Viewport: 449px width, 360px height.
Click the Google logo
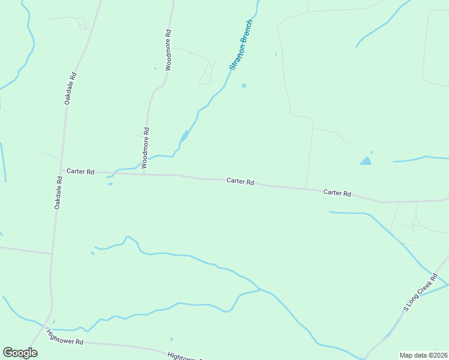click(x=20, y=353)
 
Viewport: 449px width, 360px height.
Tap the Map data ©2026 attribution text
click(x=423, y=355)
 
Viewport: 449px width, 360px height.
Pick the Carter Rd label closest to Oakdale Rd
click(x=80, y=172)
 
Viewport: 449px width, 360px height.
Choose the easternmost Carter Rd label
click(x=337, y=193)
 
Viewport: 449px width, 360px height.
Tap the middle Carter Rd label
click(x=240, y=181)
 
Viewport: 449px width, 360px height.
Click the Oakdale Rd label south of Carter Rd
click(x=59, y=192)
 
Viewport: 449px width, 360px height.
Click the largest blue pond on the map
click(x=365, y=161)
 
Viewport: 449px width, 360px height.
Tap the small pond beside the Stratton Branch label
click(x=244, y=85)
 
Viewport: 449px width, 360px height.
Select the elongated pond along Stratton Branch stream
click(x=184, y=137)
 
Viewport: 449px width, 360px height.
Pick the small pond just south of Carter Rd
click(x=110, y=184)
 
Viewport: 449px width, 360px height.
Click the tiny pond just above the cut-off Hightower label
click(x=171, y=339)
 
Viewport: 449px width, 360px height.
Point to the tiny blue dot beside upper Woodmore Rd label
click(x=155, y=68)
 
